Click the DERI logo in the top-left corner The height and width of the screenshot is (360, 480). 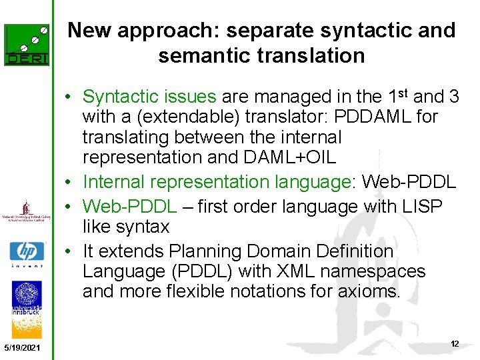[27, 45]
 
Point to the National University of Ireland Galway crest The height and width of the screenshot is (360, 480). [27, 211]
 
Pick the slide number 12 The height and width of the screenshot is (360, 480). [455, 344]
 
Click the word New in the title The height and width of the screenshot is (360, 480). [88, 31]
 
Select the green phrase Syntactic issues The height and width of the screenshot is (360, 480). [149, 97]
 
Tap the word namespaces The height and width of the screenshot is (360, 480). [383, 271]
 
